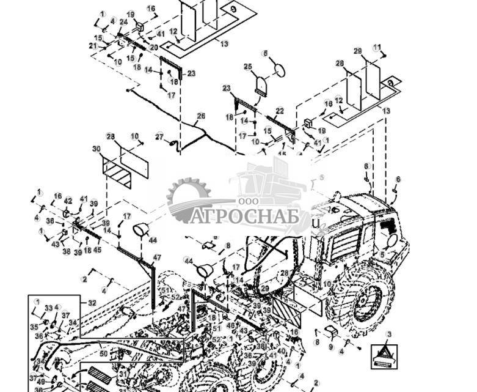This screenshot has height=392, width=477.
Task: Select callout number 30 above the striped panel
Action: [x=96, y=149]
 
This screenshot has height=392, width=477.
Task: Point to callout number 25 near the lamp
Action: [x=248, y=66]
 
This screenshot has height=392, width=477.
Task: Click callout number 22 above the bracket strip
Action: [x=280, y=111]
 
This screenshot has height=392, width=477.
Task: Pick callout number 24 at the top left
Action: [x=123, y=22]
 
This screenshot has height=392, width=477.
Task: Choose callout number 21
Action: [x=92, y=46]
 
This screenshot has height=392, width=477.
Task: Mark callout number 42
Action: [x=68, y=200]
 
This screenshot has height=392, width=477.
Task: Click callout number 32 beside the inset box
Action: [x=92, y=302]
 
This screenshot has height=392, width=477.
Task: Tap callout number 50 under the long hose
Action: [x=103, y=353]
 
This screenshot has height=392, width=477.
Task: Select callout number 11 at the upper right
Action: [x=377, y=47]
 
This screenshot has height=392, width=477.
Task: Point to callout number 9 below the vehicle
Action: [x=331, y=347]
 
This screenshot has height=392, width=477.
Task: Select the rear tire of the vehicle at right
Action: [x=360, y=296]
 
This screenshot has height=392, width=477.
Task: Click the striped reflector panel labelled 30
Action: [x=117, y=174]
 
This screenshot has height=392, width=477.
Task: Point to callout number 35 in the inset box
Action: [x=34, y=327]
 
